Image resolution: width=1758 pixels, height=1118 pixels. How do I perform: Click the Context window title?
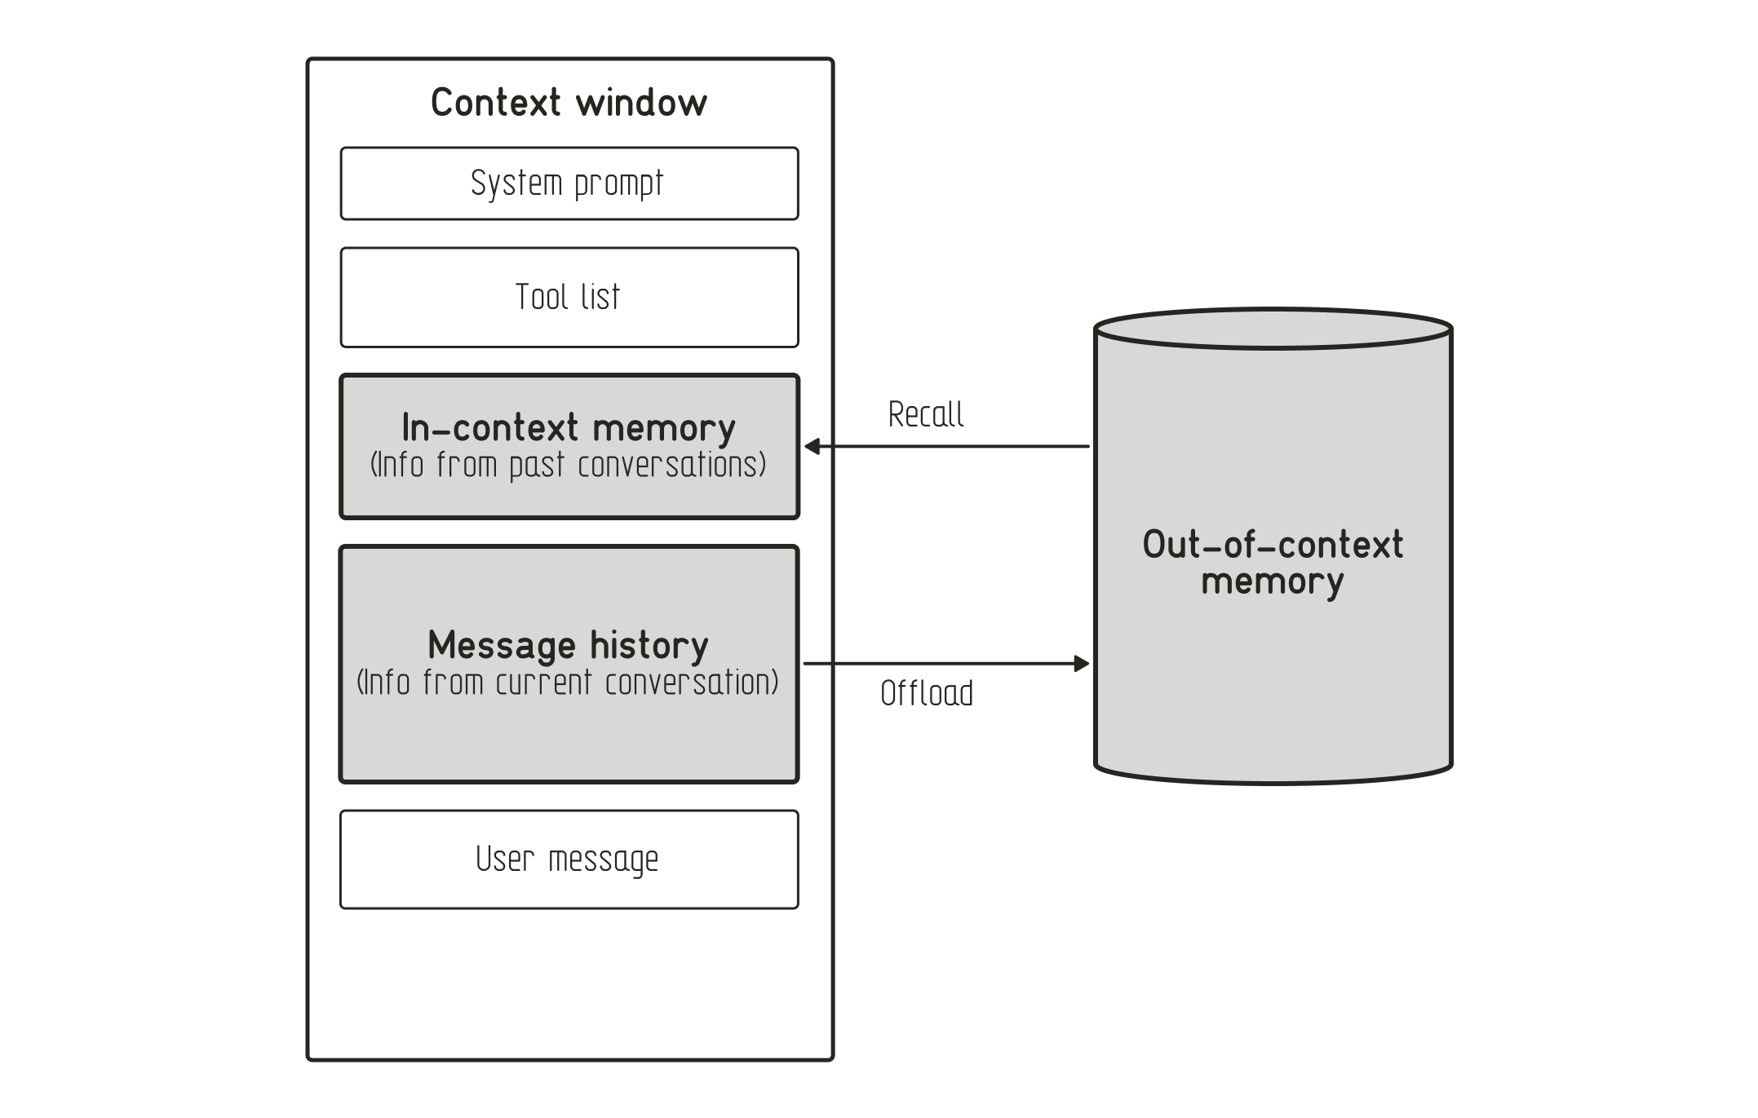point(569,103)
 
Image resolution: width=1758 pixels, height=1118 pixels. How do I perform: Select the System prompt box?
point(569,183)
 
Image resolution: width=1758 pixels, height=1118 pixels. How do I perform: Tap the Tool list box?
point(569,298)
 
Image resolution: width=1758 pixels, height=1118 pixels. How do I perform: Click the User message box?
point(569,859)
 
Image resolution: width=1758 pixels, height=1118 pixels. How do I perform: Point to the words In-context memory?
point(569,427)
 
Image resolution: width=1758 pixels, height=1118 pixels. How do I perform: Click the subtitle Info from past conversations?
point(569,466)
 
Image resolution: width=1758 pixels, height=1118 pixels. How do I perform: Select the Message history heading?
point(569,645)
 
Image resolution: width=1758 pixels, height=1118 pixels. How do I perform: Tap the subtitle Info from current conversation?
point(569,683)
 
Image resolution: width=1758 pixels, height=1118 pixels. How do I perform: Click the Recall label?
point(926,414)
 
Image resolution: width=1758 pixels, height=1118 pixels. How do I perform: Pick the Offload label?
point(927,693)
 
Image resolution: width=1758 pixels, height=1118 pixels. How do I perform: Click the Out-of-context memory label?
point(1273,563)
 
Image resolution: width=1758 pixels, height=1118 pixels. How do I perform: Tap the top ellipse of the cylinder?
point(1273,329)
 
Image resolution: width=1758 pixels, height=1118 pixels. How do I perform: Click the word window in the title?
point(641,103)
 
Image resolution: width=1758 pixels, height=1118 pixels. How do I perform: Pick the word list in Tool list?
point(601,298)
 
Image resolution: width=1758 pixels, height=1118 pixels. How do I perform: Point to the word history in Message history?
point(649,645)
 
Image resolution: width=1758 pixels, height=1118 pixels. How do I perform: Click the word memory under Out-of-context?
point(1273,582)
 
